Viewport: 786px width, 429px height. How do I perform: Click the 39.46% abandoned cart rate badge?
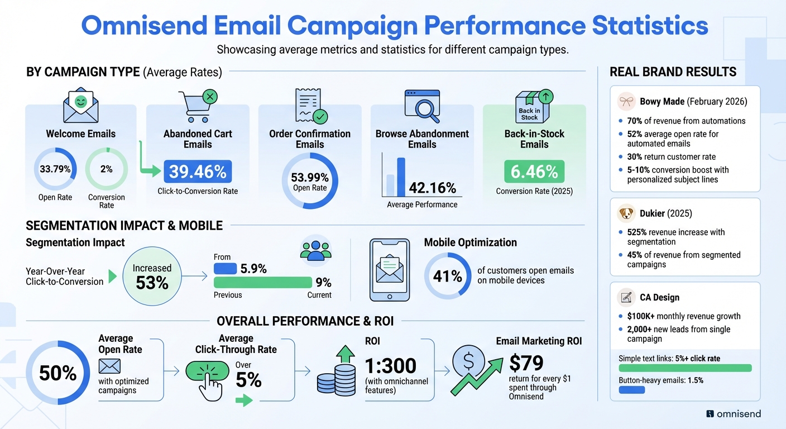[198, 171]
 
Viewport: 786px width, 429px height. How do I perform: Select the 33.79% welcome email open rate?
[55, 169]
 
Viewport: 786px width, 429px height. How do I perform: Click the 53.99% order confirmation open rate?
[310, 181]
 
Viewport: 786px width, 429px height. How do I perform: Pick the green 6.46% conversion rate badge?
[534, 171]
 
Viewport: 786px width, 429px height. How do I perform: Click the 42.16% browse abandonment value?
[432, 187]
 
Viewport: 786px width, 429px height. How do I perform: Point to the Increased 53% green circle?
[152, 276]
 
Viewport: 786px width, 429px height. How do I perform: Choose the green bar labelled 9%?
[262, 282]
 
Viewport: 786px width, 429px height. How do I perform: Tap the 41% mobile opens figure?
[448, 276]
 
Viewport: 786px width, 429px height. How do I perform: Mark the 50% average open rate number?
[57, 373]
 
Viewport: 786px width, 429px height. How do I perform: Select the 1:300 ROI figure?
[390, 366]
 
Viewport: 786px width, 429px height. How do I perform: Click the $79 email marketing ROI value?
[526, 363]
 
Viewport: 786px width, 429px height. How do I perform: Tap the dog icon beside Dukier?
[626, 214]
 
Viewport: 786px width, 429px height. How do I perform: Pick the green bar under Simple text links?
[685, 368]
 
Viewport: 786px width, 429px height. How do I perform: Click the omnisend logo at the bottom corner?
[733, 414]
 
